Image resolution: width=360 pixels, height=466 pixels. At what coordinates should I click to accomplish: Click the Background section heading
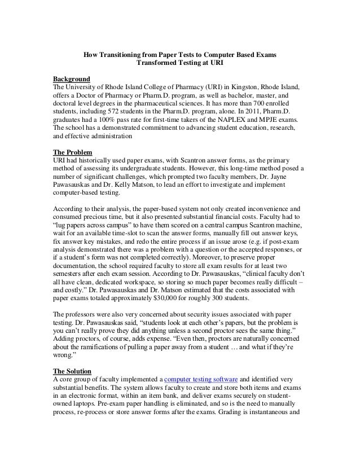pyautogui.click(x=71, y=77)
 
